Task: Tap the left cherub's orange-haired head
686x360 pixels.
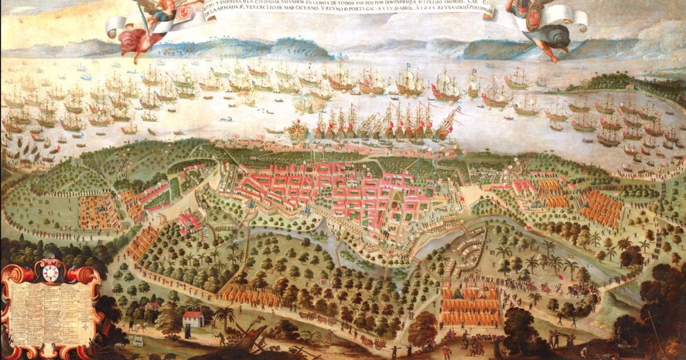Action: point(154,6)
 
